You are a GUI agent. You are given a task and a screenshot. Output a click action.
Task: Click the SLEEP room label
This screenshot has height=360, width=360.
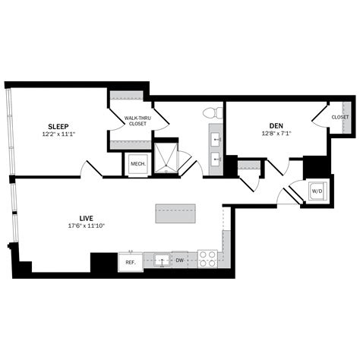(x=58, y=126)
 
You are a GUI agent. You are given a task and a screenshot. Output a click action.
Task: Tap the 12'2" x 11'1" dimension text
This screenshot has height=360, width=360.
(x=58, y=134)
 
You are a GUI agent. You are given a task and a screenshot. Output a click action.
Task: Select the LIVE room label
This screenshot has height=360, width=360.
(x=87, y=218)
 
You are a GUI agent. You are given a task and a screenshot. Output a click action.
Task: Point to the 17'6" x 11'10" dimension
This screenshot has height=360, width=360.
(x=87, y=226)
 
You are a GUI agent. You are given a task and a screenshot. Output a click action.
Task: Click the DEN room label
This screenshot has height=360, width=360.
(x=276, y=126)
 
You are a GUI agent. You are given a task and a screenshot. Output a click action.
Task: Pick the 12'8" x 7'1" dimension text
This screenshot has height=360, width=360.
(x=276, y=134)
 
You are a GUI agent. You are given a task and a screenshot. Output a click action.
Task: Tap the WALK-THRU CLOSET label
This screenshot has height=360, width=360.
(x=137, y=121)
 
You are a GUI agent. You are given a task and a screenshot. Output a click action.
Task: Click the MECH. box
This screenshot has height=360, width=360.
(x=138, y=164)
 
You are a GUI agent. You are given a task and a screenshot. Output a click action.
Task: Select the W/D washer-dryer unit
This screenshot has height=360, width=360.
(x=317, y=191)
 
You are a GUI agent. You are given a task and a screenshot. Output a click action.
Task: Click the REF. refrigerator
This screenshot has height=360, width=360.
(x=131, y=262)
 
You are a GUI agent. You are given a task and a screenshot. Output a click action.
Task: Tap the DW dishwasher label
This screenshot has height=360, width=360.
(x=179, y=260)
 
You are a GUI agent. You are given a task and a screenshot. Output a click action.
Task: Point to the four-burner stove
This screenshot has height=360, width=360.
(x=207, y=259)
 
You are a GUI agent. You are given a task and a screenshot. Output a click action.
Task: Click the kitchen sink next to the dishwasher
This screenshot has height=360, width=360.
(x=162, y=261)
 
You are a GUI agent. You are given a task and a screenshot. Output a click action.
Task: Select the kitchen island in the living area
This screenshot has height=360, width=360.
(x=175, y=213)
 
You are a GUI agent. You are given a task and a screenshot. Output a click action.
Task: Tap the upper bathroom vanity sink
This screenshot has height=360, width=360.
(x=216, y=139)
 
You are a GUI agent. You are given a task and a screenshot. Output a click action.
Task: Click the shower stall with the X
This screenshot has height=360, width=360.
(x=166, y=158)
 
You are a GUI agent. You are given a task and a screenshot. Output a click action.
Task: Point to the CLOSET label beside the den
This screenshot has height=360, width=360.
(x=340, y=118)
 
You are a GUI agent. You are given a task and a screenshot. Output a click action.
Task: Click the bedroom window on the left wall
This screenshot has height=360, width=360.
(x=10, y=131)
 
